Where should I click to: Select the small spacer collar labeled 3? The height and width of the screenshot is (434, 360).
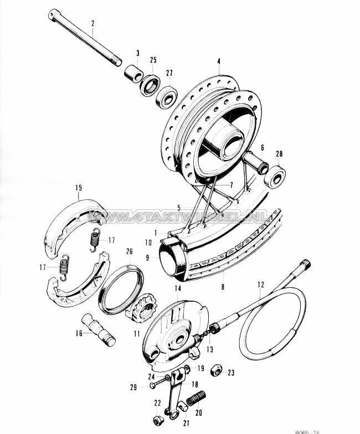[131, 74]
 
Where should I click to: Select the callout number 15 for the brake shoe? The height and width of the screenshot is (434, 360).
[79, 188]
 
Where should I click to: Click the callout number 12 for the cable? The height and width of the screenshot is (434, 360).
[260, 286]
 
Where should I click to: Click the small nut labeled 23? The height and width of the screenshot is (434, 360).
[218, 370]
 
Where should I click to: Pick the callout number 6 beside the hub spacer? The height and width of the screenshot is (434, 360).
[263, 148]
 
